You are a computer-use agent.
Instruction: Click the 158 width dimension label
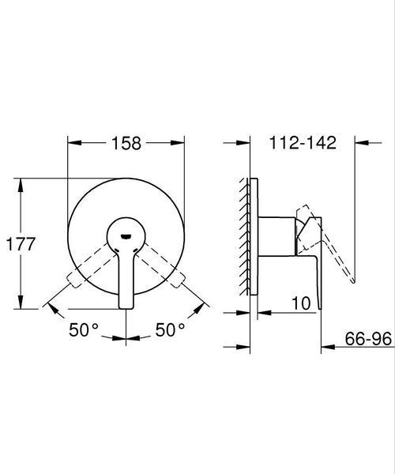click(126, 143)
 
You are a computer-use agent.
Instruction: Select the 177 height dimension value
click(21, 243)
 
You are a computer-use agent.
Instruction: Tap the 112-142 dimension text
click(303, 143)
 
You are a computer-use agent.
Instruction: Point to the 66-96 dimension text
click(368, 339)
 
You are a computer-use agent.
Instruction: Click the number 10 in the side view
click(301, 303)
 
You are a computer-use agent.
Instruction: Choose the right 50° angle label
click(170, 329)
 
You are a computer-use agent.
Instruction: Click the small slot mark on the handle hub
click(126, 236)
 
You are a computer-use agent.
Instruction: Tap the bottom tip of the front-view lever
click(126, 308)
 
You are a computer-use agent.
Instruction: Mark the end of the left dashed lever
click(73, 280)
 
